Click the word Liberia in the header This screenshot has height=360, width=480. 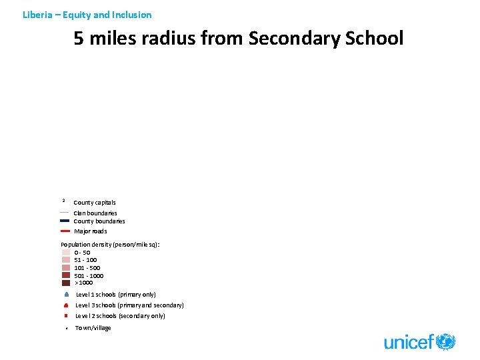pos(36,15)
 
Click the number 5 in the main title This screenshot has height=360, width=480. pos(79,39)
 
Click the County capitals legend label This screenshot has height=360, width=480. pos(95,203)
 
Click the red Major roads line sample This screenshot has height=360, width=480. pos(65,231)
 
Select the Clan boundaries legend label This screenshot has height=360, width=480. pos(95,213)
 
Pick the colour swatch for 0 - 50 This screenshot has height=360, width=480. pos(65,253)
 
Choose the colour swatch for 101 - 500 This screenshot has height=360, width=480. pos(65,268)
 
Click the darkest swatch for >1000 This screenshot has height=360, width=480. pos(65,283)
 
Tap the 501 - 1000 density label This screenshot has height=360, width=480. pos(89,275)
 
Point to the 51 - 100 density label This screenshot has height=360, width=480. pos(85,260)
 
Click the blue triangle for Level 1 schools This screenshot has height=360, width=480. pos(67,294)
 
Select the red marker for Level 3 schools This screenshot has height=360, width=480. pos(67,305)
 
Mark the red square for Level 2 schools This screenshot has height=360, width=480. pos(67,316)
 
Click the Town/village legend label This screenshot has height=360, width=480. pos(93,328)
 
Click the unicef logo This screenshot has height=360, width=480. pos(419,343)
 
